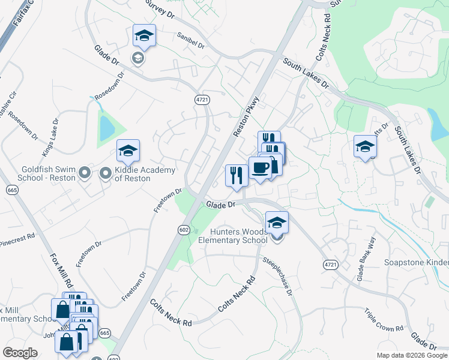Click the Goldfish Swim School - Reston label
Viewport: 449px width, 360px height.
(49, 174)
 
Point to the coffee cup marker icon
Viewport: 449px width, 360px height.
(260, 167)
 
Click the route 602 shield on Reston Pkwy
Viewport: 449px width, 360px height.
(184, 229)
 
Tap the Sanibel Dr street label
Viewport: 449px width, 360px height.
(191, 41)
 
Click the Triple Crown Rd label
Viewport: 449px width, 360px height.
(384, 320)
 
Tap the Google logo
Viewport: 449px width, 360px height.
(20, 352)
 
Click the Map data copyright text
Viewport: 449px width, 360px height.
(412, 355)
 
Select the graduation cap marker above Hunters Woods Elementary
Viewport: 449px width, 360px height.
(277, 222)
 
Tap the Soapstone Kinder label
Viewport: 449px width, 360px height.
(417, 263)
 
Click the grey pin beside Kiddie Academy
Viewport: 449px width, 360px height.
(106, 174)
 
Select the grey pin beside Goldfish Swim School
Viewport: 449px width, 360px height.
(85, 174)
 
